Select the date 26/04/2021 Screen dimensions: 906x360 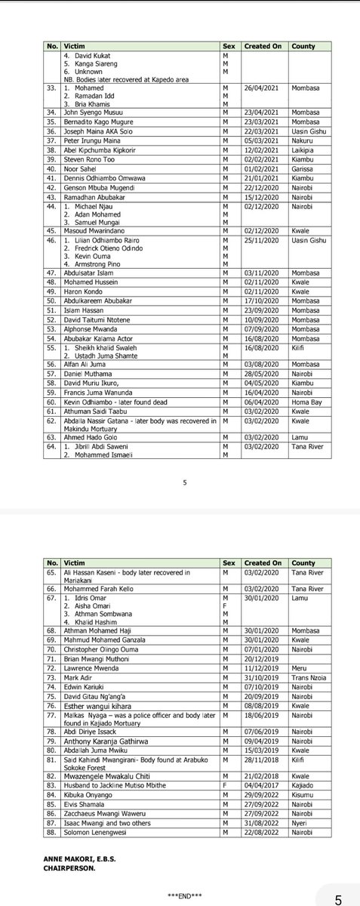pos(261,90)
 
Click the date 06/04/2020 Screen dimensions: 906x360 pos(261,402)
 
